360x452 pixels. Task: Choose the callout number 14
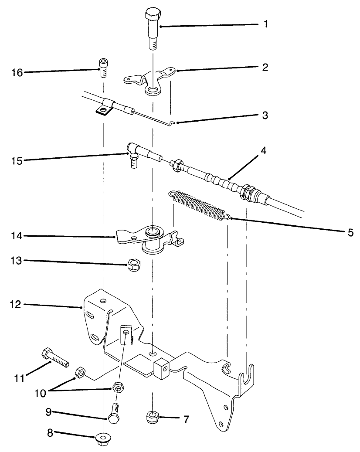click(17, 236)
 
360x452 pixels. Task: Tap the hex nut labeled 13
click(133, 265)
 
